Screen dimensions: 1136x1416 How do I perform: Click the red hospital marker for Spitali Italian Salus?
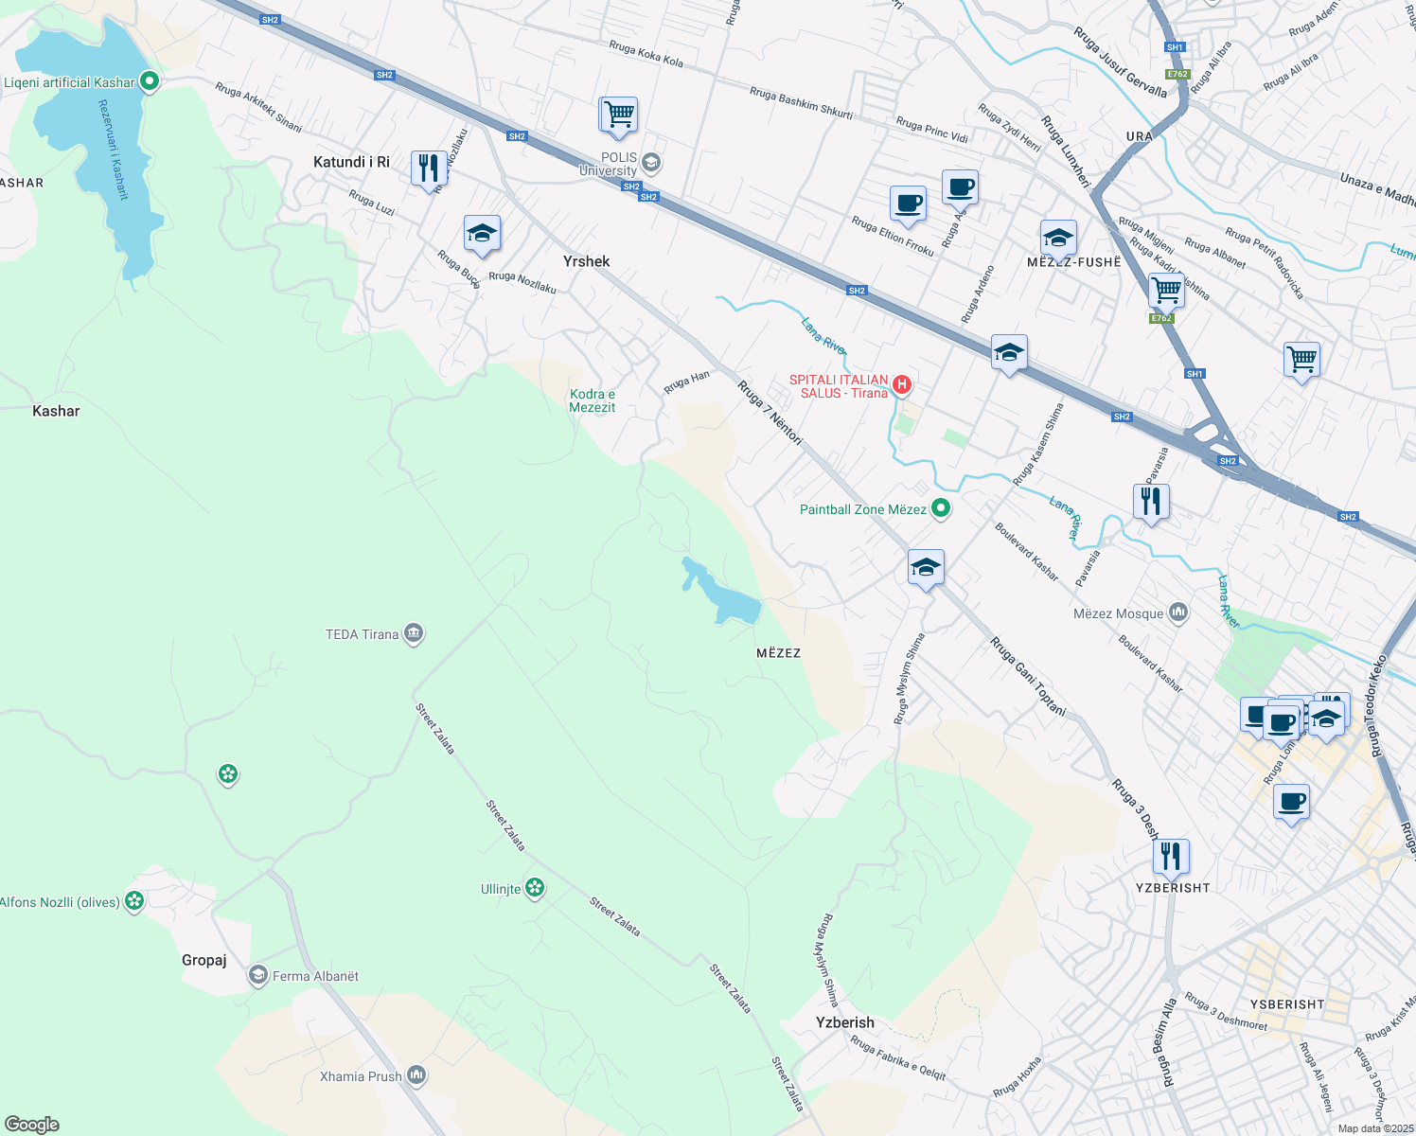coord(902,384)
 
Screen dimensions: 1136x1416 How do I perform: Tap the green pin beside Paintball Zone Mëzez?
coord(940,509)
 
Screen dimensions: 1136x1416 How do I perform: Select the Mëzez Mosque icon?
coord(1177,613)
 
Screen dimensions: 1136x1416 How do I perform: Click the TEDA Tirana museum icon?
coord(413,633)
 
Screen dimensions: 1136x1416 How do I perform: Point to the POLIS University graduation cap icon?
coord(650,162)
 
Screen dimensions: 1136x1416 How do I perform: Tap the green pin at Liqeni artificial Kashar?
coord(149,81)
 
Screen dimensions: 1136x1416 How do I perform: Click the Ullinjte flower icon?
coord(535,888)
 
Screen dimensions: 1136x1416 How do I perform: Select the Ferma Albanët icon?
coord(257,975)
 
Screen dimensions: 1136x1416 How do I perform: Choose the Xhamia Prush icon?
coord(416,1075)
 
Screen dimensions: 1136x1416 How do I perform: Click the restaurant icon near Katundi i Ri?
coord(429,169)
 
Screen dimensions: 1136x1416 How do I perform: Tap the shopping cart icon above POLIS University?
coord(619,115)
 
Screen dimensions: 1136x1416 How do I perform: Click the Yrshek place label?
coord(586,261)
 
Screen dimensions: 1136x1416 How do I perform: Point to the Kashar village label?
coord(56,411)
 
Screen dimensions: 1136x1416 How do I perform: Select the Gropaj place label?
coord(204,960)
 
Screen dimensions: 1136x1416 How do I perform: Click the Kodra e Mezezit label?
coord(593,400)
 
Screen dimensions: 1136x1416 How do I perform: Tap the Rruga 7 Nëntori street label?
coord(770,412)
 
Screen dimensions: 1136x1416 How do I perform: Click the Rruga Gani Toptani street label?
coord(1028,676)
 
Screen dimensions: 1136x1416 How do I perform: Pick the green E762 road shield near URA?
coord(1177,74)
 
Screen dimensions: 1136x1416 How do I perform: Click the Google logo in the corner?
coord(32,1125)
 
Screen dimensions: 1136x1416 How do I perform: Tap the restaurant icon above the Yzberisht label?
coord(1171,856)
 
